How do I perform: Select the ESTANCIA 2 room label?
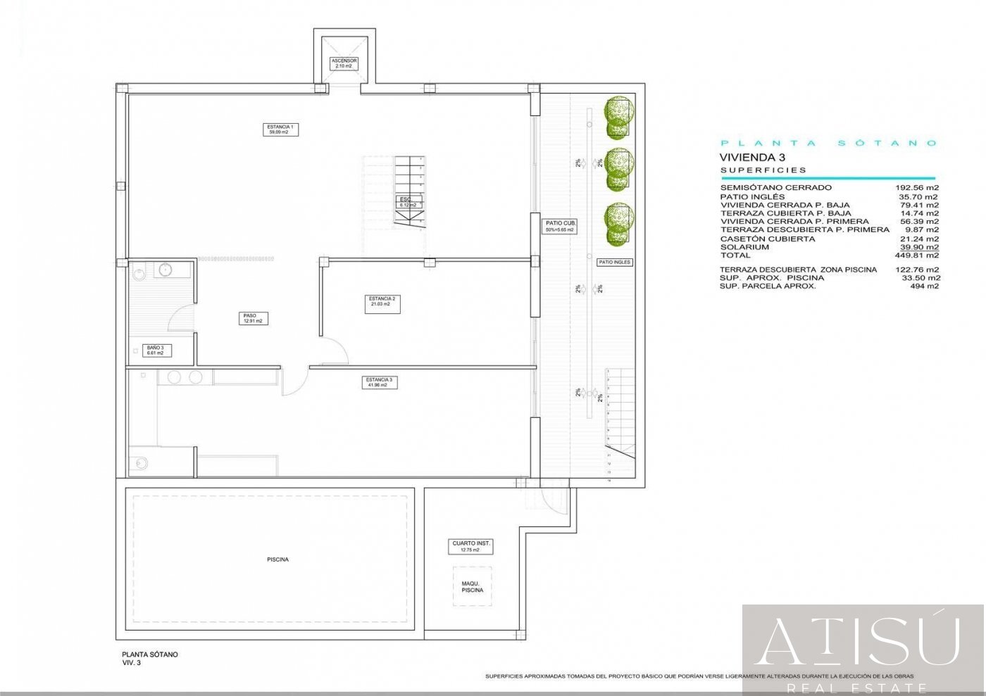pyautogui.click(x=382, y=301)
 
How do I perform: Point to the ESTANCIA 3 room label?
pyautogui.click(x=380, y=382)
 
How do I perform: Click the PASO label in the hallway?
pyautogui.click(x=252, y=318)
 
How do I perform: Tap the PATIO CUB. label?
pyautogui.click(x=560, y=226)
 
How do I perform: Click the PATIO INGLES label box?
pyautogui.click(x=614, y=262)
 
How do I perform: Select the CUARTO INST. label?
pyautogui.click(x=471, y=547)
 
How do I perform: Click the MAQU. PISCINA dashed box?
pyautogui.click(x=472, y=586)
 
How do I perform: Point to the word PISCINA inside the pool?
pyautogui.click(x=277, y=559)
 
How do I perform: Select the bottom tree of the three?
pyautogui.click(x=618, y=223)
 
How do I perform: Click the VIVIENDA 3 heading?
pyautogui.click(x=752, y=158)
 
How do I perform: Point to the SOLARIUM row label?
pyautogui.click(x=744, y=247)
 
